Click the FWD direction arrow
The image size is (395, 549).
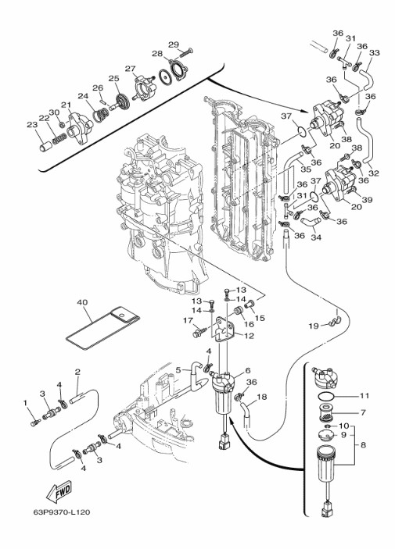coord(58,490)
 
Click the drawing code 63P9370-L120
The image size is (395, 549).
coord(62,512)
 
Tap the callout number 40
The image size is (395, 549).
coord(82,302)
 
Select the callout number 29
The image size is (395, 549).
coord(174,45)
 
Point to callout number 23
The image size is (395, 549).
coord(32,124)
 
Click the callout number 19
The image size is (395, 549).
coord(314,326)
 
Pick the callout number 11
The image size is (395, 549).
coord(364,395)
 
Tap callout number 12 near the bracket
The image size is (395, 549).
coord(249,336)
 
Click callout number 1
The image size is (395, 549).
coord(25,403)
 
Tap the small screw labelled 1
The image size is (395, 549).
coord(35,422)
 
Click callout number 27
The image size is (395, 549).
coord(131,68)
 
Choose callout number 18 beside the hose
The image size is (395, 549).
coord(262,397)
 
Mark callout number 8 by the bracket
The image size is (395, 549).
coord(363,445)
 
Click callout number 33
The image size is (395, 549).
coord(375,53)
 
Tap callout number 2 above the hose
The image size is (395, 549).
coord(77,372)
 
